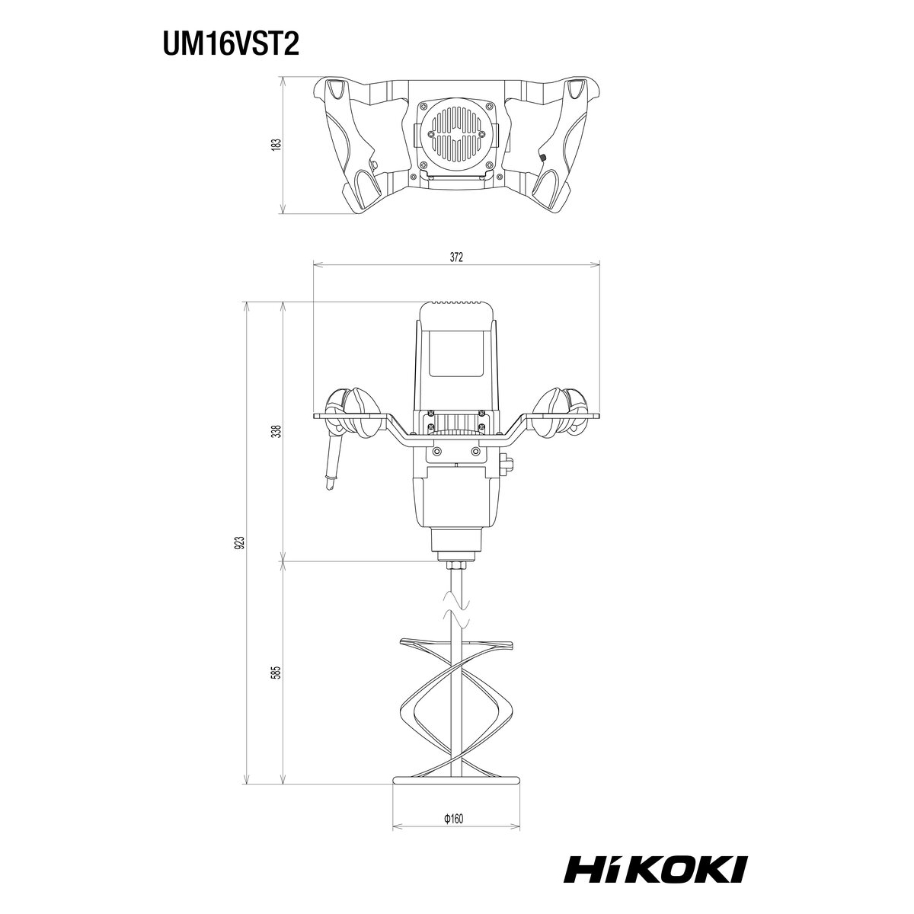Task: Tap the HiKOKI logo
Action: pyautogui.click(x=655, y=869)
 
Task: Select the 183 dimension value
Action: pyautogui.click(x=277, y=144)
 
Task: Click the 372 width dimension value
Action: pyautogui.click(x=455, y=257)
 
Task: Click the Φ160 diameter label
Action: pyautogui.click(x=453, y=818)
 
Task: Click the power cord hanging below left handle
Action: pyautogui.click(x=332, y=463)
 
